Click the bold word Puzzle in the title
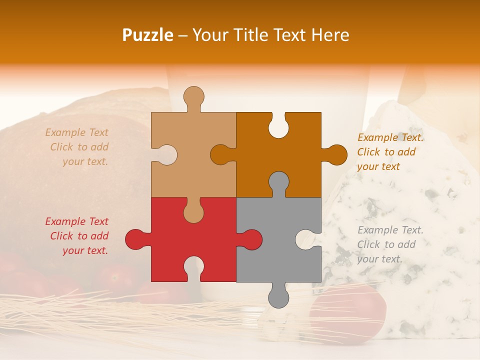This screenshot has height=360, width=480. [148, 35]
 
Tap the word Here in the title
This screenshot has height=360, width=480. [330, 35]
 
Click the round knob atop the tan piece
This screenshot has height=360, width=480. [193, 96]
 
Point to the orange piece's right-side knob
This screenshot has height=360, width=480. [336, 154]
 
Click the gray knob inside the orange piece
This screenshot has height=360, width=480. [278, 182]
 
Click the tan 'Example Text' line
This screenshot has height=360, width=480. [76, 132]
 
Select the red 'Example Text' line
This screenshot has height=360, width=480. [76, 221]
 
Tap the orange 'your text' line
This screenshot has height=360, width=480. [378, 166]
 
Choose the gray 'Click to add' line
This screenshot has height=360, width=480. [386, 244]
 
